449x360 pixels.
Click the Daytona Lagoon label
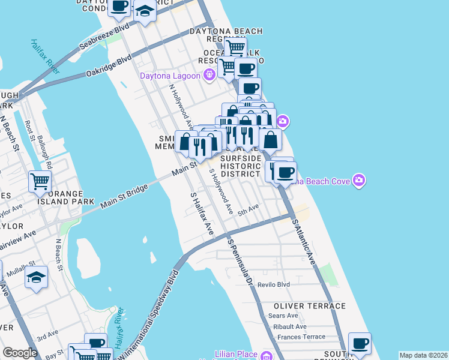(x=171, y=76)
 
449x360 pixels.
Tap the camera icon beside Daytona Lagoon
(x=209, y=75)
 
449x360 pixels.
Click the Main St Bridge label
(x=124, y=197)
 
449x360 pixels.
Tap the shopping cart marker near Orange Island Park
(x=40, y=181)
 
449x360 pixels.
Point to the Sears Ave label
(x=283, y=316)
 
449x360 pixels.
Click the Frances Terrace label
(x=301, y=338)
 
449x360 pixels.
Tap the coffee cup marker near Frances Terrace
(x=360, y=344)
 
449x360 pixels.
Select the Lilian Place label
(x=237, y=355)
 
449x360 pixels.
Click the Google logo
(x=20, y=353)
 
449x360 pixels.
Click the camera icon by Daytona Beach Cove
(x=359, y=180)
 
